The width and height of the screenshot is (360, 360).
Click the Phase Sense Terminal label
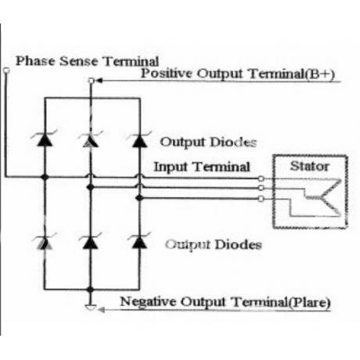point(87,61)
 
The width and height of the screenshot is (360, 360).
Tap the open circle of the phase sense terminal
point(6,70)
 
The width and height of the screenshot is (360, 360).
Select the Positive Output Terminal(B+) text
point(238,74)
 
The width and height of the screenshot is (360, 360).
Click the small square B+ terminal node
point(91,81)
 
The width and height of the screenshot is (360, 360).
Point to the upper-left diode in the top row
point(45,139)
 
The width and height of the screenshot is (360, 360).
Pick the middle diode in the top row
point(90,139)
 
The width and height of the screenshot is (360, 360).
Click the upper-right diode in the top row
point(139,140)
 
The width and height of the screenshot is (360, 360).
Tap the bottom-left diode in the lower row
point(45,242)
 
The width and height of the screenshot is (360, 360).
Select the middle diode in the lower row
point(90,241)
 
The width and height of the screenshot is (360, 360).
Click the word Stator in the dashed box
point(310,166)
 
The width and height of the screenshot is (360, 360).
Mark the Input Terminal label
point(202,167)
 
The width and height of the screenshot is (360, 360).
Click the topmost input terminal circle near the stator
point(261,178)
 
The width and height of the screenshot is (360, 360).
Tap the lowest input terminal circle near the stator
point(261,199)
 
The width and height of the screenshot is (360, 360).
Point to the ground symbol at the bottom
point(91,308)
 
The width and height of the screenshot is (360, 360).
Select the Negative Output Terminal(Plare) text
point(225,302)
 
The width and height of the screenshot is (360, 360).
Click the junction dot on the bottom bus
point(90,290)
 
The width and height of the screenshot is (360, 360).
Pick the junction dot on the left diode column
point(45,178)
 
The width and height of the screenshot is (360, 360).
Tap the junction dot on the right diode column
point(139,198)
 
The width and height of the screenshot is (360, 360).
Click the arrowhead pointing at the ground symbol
point(101,310)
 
